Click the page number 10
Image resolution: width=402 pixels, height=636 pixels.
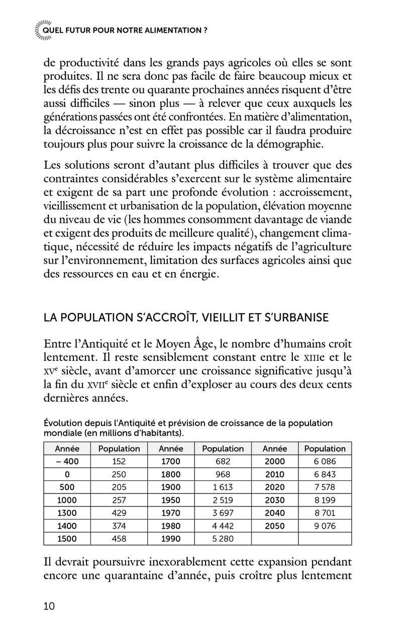click(49, 606)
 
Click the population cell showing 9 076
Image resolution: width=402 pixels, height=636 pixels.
click(325, 526)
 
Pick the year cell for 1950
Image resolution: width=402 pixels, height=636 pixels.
click(170, 500)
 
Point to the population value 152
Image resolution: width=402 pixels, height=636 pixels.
click(119, 461)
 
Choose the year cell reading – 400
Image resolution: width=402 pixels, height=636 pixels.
click(67, 461)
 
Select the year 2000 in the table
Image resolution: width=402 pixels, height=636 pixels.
click(274, 461)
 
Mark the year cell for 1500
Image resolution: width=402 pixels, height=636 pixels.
click(67, 539)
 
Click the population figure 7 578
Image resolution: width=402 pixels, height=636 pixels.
click(325, 487)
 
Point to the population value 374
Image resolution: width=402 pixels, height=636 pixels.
click(119, 526)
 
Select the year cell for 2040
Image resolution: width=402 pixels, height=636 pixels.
click(274, 513)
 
